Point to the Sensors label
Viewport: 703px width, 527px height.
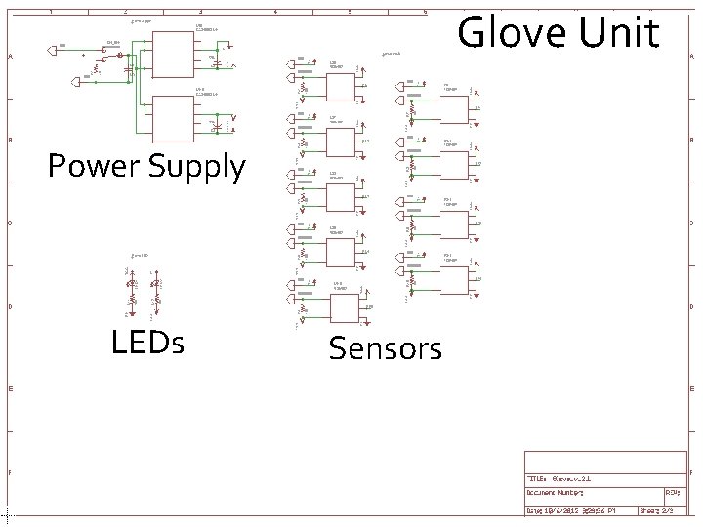pyautogui.click(x=385, y=347)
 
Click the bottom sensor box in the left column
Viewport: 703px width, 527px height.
pyautogui.click(x=346, y=308)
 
